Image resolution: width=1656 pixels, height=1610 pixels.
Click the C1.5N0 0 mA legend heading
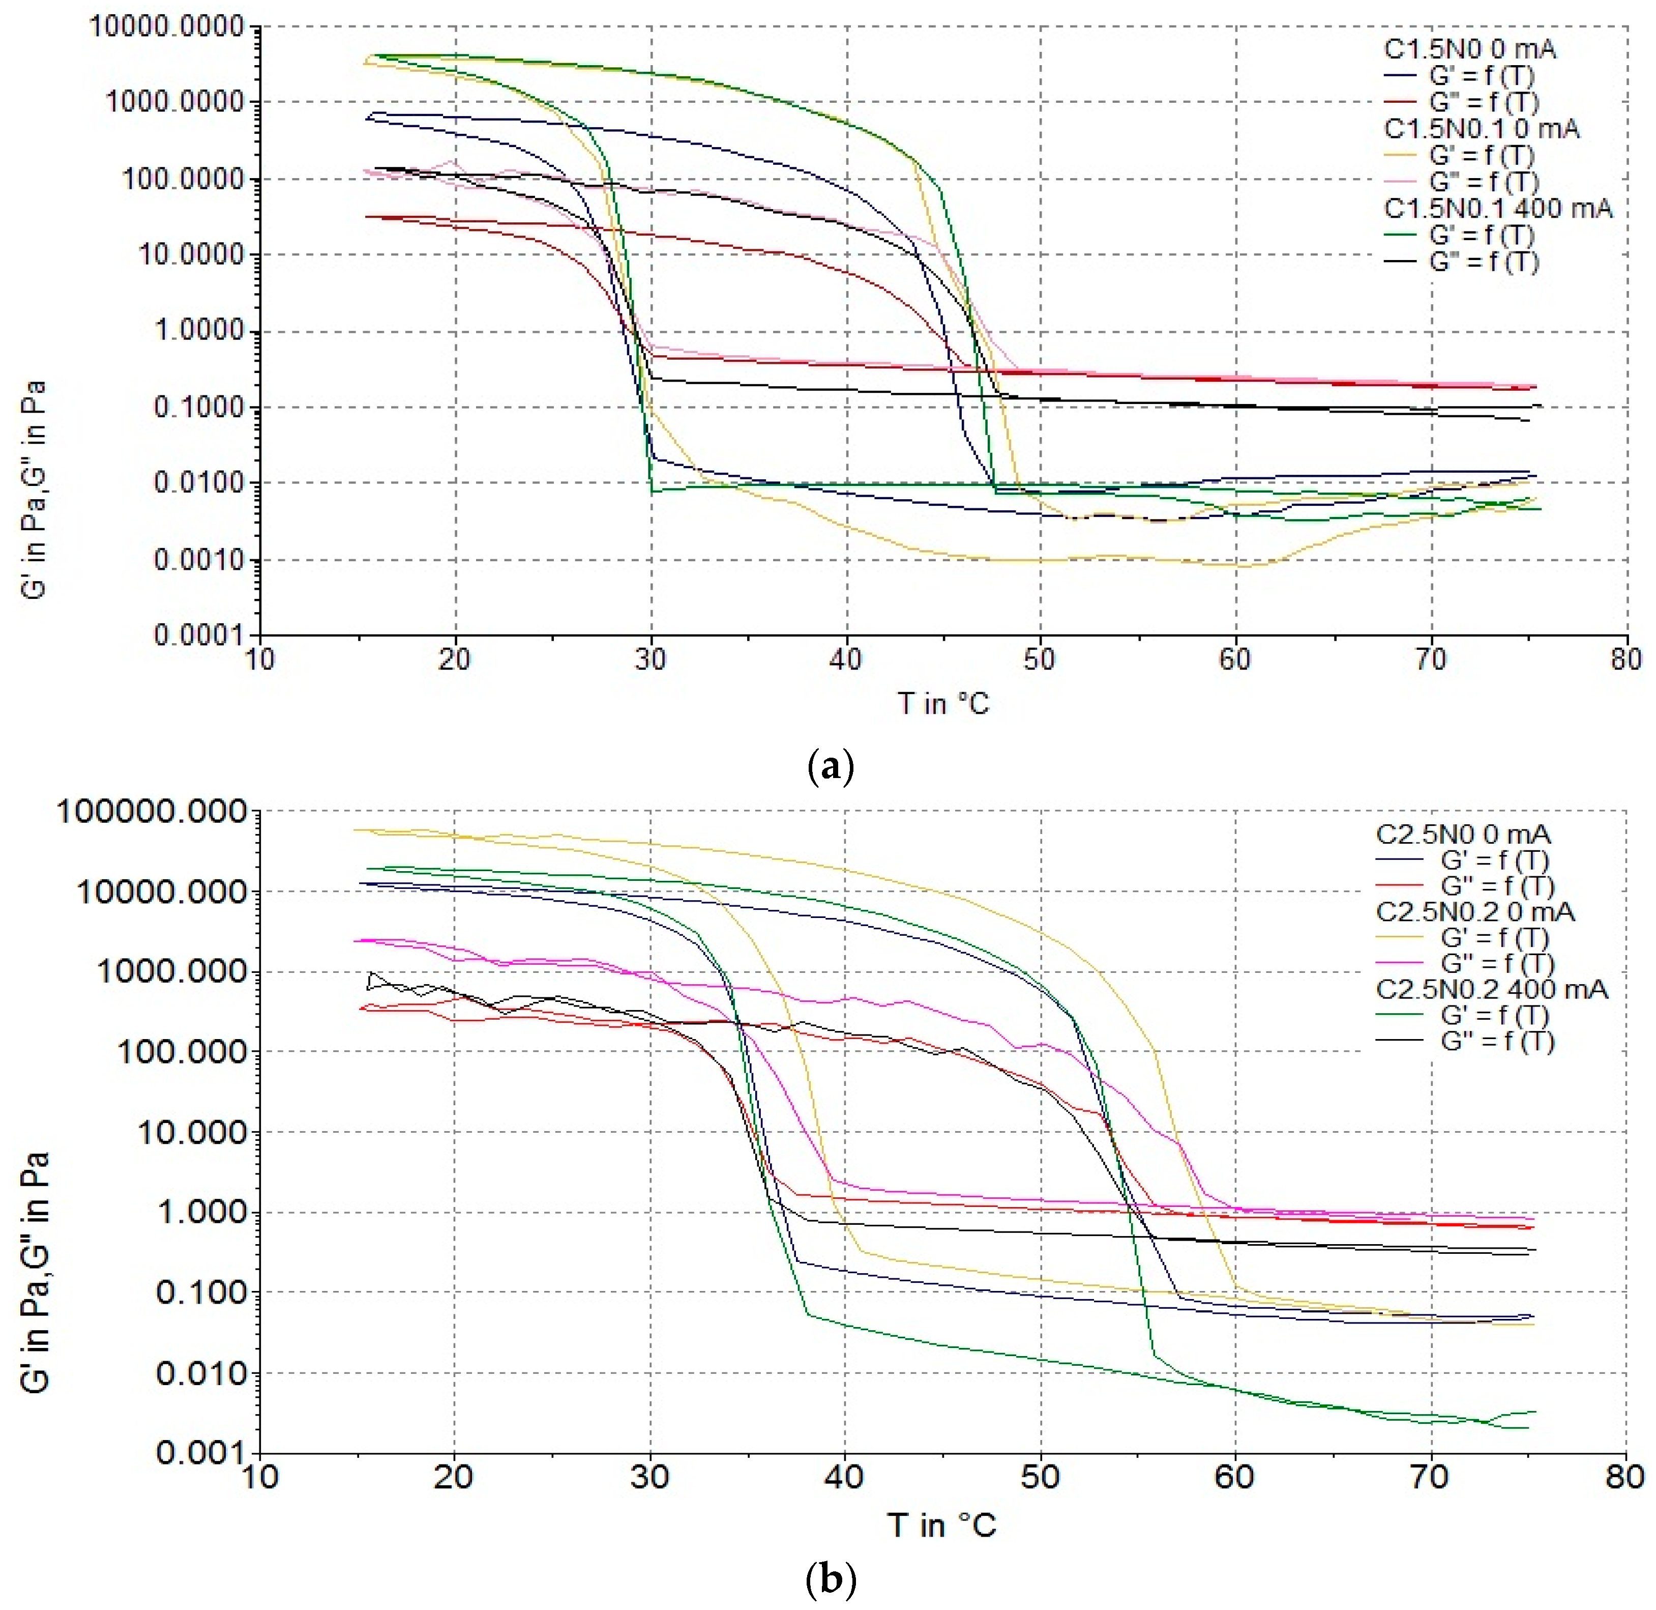point(1469,49)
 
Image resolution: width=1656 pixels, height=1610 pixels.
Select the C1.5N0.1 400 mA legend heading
point(1497,208)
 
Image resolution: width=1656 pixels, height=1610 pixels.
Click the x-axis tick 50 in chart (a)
point(1040,659)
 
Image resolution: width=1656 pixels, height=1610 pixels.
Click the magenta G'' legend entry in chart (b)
point(1496,963)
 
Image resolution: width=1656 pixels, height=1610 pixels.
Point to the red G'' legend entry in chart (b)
point(1496,886)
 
